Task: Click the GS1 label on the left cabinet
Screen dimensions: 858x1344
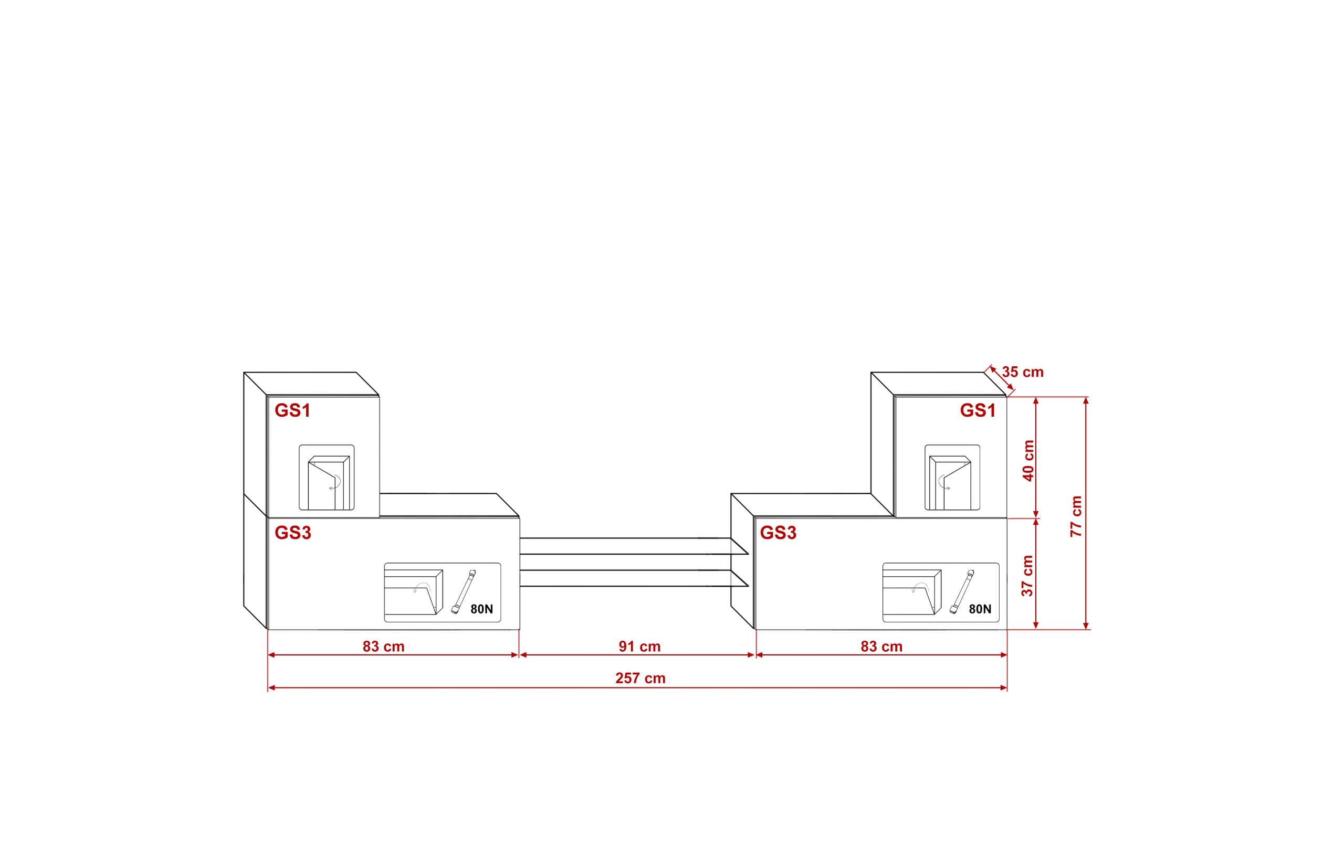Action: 292,410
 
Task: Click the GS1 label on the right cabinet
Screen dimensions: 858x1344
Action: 978,410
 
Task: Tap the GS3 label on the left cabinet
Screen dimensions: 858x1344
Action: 292,533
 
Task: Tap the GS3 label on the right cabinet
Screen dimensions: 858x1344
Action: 778,533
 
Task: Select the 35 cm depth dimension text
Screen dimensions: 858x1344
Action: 1023,372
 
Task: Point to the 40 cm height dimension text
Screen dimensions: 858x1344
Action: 1028,461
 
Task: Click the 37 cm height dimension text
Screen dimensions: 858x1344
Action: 1027,576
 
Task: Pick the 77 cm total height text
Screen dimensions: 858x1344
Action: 1076,516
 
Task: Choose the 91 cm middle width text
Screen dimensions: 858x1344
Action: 639,647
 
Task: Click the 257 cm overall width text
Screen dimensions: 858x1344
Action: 640,679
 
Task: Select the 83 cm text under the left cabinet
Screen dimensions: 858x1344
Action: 383,647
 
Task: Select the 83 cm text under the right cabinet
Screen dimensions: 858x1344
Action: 881,647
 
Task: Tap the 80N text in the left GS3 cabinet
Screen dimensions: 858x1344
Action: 481,609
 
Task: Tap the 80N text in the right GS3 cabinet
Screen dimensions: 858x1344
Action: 980,609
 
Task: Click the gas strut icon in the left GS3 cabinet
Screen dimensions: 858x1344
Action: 463,592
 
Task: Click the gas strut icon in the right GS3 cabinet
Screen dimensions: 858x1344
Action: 962,592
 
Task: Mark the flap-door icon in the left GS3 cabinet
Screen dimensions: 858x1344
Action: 413,592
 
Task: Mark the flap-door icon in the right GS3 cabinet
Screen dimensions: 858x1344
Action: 911,592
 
